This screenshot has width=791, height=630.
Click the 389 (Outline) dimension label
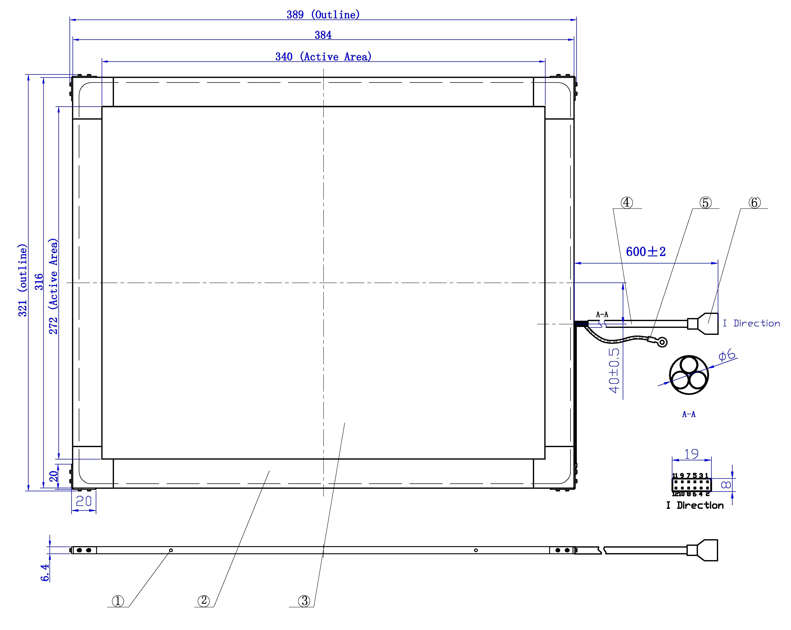coord(323,15)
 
